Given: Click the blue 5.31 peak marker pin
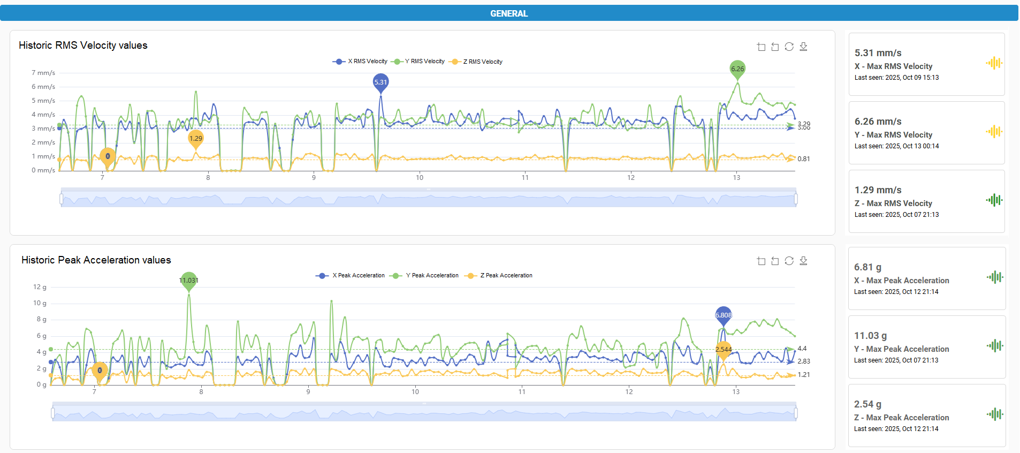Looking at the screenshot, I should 380,82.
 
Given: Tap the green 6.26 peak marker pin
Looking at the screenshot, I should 737,69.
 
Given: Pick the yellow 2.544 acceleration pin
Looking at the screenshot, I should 724,350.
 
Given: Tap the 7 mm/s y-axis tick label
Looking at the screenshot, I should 43,73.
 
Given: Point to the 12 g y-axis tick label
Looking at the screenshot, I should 40,287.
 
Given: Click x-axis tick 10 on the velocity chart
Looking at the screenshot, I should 420,178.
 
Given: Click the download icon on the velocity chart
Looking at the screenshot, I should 803,47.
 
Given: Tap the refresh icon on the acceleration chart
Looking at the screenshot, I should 789,261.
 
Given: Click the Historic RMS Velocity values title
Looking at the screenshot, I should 83,46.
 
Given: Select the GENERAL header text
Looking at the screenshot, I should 509,13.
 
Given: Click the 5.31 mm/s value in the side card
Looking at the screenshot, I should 878,53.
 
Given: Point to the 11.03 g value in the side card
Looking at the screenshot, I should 870,336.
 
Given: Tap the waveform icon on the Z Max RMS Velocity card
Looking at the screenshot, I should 994,200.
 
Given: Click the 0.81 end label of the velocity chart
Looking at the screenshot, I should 803,159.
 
